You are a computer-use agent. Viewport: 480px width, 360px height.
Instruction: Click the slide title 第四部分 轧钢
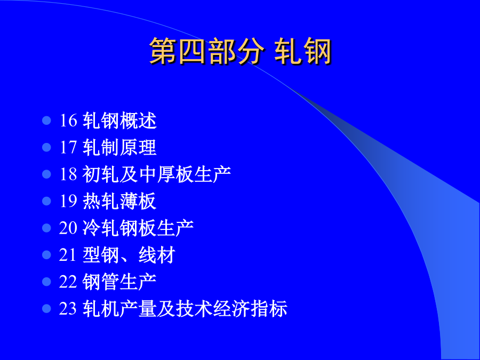241,51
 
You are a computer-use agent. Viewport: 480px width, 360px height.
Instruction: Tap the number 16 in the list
68,121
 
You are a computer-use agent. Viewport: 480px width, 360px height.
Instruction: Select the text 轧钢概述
119,121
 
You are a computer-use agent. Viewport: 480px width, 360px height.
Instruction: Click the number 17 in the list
68,147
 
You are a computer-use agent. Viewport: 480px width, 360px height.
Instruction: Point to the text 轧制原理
119,147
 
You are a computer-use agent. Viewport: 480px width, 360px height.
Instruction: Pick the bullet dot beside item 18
46,174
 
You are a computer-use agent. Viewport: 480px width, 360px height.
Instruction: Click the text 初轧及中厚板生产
157,174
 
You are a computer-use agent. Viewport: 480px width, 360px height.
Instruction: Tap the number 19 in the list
68,201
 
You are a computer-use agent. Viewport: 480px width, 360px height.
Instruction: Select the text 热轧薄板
119,201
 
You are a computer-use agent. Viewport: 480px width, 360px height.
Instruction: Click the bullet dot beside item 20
46,228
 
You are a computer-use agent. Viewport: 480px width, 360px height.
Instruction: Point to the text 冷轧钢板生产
138,228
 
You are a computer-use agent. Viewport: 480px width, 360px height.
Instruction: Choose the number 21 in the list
68,255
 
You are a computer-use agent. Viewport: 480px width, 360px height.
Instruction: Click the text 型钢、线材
129,255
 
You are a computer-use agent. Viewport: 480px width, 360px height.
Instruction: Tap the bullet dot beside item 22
46,282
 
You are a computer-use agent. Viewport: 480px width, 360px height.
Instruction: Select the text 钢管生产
119,282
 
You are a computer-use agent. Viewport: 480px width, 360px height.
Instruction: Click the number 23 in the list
68,308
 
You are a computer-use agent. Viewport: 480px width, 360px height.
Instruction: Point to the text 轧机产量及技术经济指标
185,308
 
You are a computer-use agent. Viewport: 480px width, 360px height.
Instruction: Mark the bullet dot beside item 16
46,121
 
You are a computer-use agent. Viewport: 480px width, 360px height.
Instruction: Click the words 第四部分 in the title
206,51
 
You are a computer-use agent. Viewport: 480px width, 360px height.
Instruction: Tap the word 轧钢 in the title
303,51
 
